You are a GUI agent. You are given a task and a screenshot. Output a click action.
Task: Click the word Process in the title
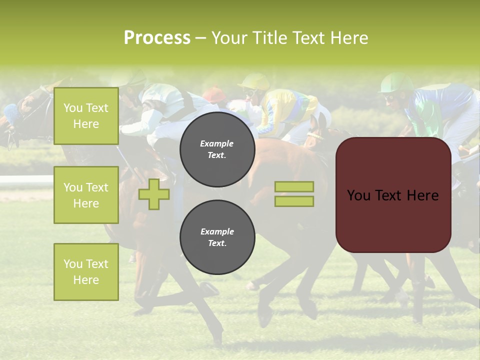click(157, 38)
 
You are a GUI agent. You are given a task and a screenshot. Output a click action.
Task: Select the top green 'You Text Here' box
click(86, 116)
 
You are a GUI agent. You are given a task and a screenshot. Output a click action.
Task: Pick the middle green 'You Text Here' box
click(86, 195)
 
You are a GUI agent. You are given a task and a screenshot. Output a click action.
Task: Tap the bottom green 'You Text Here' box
click(86, 271)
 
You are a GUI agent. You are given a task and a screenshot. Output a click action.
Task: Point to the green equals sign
click(294, 194)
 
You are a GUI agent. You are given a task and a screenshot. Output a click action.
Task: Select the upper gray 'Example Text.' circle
click(217, 149)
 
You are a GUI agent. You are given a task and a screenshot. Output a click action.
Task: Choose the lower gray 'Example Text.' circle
click(217, 237)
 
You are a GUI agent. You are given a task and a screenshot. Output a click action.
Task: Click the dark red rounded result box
click(393, 195)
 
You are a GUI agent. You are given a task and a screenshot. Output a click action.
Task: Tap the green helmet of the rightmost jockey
click(396, 83)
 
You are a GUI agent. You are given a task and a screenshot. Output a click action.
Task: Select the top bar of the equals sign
click(294, 187)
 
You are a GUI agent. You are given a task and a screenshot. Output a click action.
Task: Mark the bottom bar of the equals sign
click(294, 201)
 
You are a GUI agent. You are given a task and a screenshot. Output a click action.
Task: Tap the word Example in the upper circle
click(217, 143)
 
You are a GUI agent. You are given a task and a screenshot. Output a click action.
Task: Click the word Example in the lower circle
click(217, 231)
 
